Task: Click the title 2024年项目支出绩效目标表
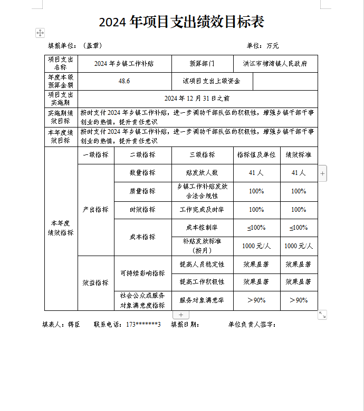coord(181,22)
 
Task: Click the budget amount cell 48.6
coord(124,81)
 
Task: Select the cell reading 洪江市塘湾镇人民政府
coord(275,63)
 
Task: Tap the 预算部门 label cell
coord(202,63)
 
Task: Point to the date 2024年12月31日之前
coord(197,99)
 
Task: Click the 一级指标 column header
coord(95,155)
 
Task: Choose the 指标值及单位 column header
coord(256,155)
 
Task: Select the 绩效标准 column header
coord(299,155)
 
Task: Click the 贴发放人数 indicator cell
coord(202,173)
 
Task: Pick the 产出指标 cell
coord(95,209)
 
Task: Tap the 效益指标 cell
coord(95,282)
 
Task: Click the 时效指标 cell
coord(142,209)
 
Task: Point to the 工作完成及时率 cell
coord(202,209)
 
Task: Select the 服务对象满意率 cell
coord(202,300)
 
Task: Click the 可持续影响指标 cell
coord(142,273)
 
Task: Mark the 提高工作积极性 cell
coord(202,282)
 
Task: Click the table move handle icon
coord(40,33)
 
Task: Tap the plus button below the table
coord(181,315)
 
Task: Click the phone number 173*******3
coord(143,325)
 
